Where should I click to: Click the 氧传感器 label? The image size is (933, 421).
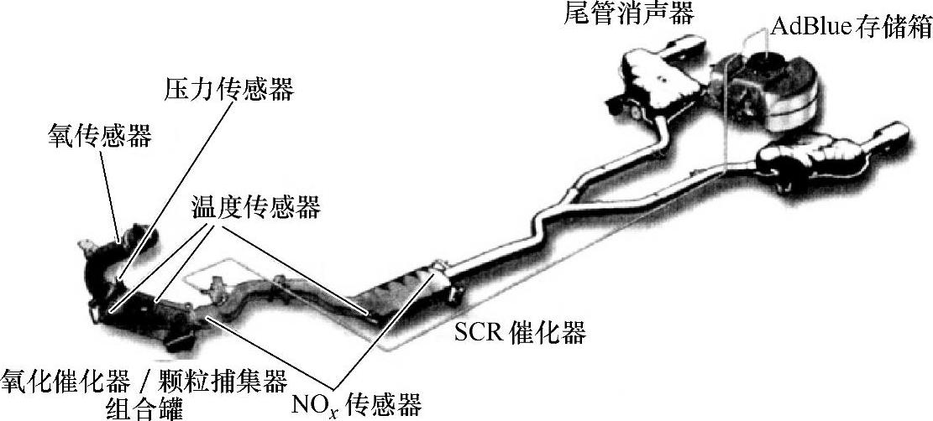pos(99,136)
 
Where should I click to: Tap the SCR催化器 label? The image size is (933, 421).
pos(520,333)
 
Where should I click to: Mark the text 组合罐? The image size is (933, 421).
pos(143,408)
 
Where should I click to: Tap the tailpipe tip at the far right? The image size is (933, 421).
pos(892,136)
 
